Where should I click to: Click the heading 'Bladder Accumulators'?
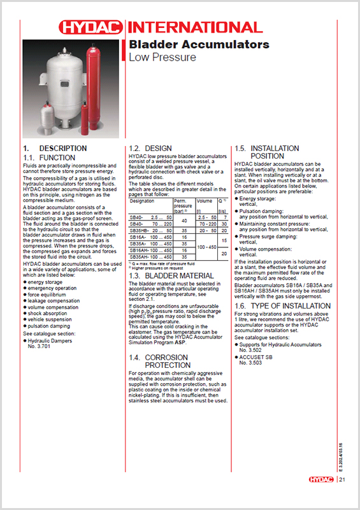199,45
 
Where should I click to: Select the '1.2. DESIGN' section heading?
150,147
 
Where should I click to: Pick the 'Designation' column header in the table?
143,201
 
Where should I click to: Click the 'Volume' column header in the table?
204,201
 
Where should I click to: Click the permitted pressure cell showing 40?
184,220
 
